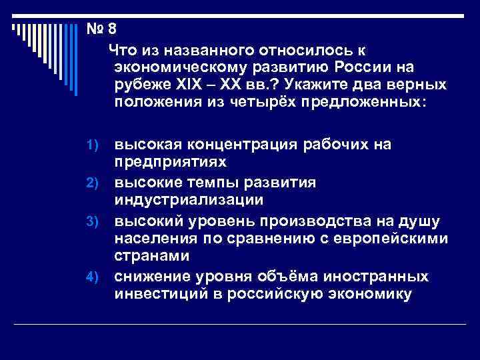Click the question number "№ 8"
[101, 29]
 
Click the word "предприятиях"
[170, 162]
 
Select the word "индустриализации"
[189, 200]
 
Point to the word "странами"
[152, 256]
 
